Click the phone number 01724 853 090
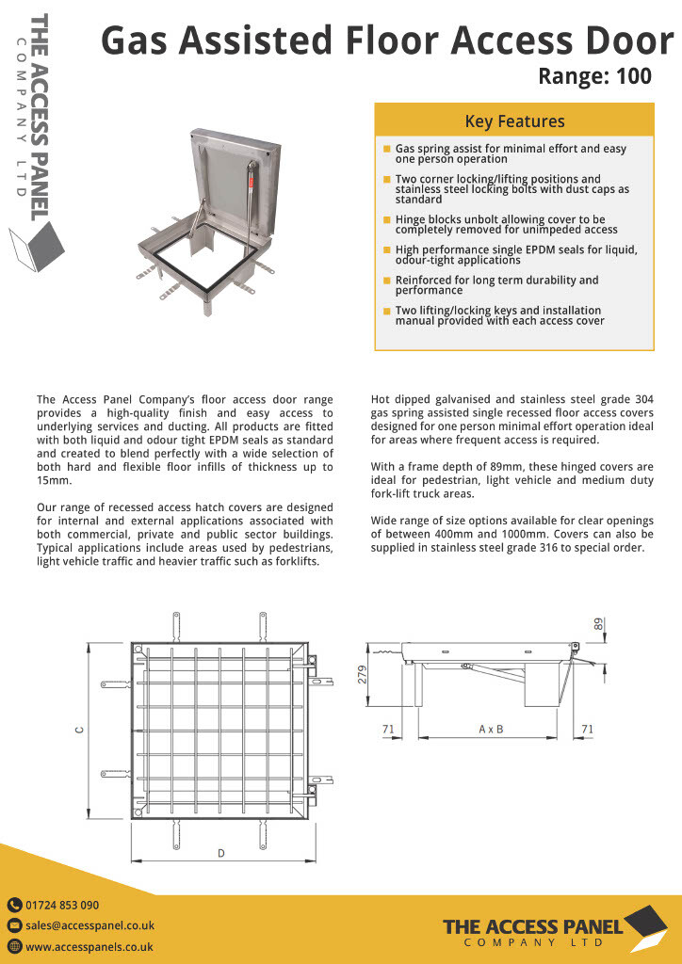point(62,905)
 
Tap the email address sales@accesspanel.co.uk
point(89,925)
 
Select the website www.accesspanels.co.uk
point(89,947)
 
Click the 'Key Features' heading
point(514,121)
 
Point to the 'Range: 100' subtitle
point(594,76)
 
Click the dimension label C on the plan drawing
point(80,731)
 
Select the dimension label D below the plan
point(221,853)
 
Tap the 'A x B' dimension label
point(491,729)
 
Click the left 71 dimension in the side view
point(387,729)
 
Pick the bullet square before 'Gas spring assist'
point(386,149)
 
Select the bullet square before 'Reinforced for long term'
point(386,281)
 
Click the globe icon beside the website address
point(14,947)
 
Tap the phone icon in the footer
point(14,905)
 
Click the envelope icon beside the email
point(14,925)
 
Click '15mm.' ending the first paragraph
point(52,480)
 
